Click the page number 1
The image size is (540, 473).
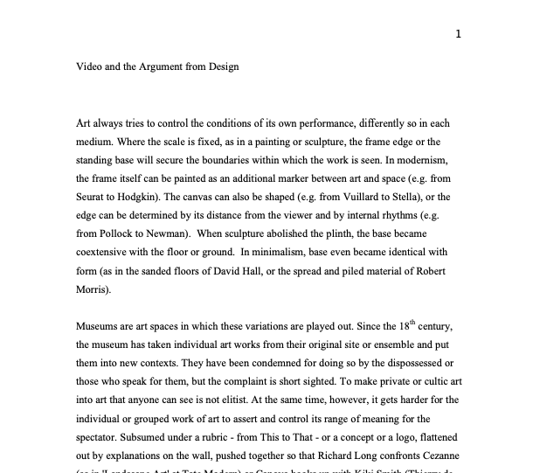pos(459,34)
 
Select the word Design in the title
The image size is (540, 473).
pos(220,66)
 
